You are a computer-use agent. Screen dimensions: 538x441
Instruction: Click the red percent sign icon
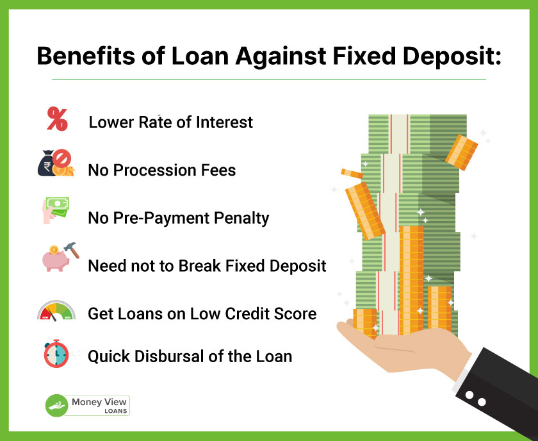coord(57,119)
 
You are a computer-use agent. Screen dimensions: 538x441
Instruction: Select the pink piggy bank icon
coord(55,259)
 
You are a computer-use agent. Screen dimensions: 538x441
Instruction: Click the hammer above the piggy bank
coord(72,250)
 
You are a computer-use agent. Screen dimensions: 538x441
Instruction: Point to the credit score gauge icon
coord(56,311)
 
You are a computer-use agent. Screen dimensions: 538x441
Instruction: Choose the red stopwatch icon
coord(56,354)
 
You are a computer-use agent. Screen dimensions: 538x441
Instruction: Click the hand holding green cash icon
coord(56,210)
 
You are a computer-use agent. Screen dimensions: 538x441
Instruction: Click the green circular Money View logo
coord(56,406)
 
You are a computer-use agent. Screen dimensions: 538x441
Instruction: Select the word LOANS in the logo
coord(116,411)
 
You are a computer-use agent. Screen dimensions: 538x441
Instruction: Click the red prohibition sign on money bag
coord(62,158)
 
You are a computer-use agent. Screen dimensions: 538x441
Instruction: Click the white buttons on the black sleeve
coord(475,399)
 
